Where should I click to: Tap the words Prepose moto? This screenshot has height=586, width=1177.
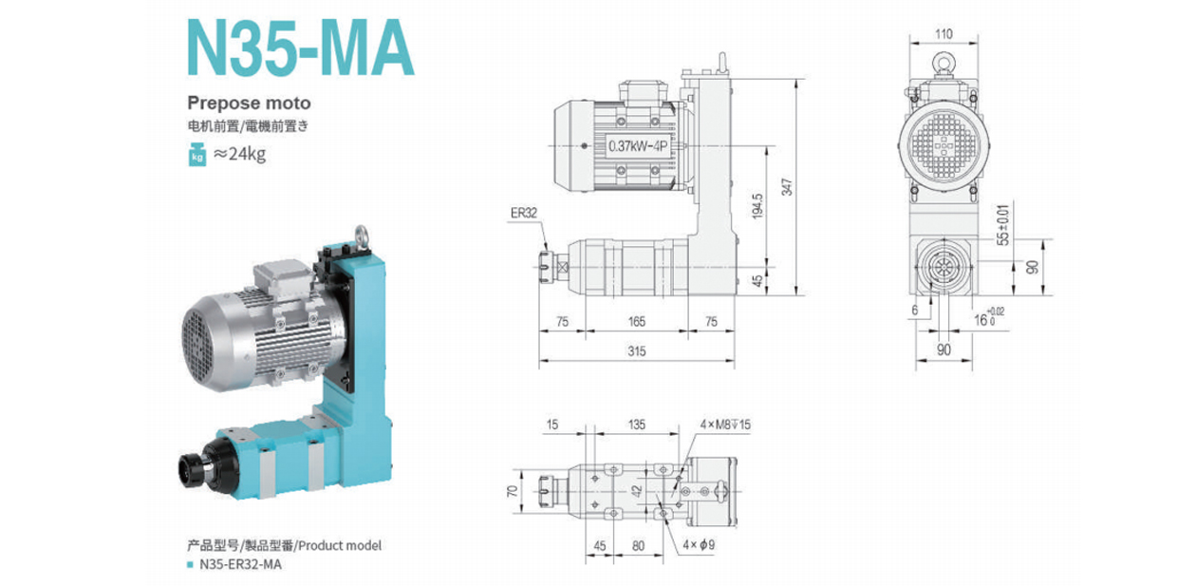click(x=249, y=103)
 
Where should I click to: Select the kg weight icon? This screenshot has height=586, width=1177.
click(x=197, y=151)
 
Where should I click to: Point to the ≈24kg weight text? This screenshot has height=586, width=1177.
click(x=240, y=151)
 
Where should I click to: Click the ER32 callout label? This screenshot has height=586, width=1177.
click(x=523, y=213)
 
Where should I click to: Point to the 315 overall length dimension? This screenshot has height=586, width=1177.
click(x=636, y=351)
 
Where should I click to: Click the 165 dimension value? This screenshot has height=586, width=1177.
click(x=636, y=322)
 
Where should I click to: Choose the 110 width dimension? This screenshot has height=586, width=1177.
click(x=943, y=34)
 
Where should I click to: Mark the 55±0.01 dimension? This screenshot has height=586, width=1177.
click(x=1003, y=223)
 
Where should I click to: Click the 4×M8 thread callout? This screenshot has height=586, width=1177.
click(x=725, y=424)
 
